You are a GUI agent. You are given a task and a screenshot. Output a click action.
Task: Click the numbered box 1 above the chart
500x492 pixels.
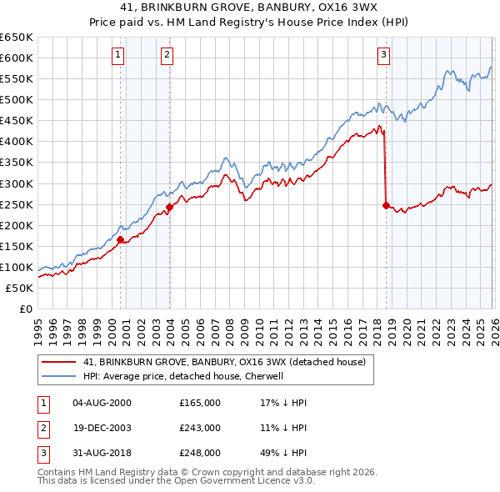pyautogui.click(x=117, y=56)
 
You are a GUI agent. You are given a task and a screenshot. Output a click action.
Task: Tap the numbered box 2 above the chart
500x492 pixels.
pyautogui.click(x=167, y=56)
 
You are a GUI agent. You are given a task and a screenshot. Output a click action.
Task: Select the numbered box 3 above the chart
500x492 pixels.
pyautogui.click(x=383, y=56)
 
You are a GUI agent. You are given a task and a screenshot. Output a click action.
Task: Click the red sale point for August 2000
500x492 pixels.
pyautogui.click(x=121, y=239)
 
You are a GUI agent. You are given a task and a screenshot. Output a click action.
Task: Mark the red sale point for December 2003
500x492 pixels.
pyautogui.click(x=170, y=207)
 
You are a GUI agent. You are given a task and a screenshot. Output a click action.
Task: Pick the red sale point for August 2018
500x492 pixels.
pyautogui.click(x=386, y=204)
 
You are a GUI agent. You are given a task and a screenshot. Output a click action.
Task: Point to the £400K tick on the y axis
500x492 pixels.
pyautogui.click(x=17, y=141)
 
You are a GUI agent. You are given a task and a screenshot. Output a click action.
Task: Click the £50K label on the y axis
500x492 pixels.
pyautogui.click(x=19, y=288)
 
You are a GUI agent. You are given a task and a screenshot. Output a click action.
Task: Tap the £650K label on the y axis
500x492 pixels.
pyautogui.click(x=17, y=38)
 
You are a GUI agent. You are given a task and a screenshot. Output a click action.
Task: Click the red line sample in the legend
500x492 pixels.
pyautogui.click(x=58, y=363)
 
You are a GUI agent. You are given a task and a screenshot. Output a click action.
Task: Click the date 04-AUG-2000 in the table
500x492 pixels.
pyautogui.click(x=102, y=403)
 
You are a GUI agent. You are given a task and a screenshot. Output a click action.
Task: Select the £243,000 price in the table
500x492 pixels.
pyautogui.click(x=200, y=428)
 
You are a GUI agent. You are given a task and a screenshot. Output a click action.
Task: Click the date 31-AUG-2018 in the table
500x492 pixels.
pyautogui.click(x=102, y=453)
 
